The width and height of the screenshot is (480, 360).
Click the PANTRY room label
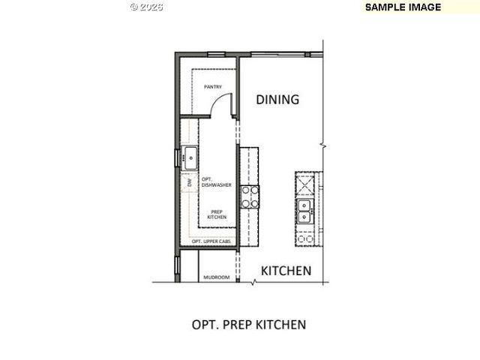(x=213, y=87)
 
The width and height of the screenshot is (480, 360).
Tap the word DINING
(x=277, y=99)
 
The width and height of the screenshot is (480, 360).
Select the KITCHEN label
(x=285, y=271)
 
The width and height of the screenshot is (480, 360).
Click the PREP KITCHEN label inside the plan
(x=217, y=214)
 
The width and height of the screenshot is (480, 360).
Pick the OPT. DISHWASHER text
(x=215, y=181)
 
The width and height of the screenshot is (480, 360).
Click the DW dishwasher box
(x=188, y=181)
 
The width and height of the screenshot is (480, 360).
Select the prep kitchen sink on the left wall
(x=189, y=157)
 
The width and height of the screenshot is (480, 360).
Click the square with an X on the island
(x=306, y=183)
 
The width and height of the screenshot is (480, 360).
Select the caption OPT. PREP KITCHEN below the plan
(x=249, y=325)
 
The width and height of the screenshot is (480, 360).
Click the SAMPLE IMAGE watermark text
(x=403, y=7)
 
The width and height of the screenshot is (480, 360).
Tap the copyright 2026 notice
(x=146, y=7)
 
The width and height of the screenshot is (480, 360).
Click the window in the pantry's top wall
(x=217, y=54)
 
